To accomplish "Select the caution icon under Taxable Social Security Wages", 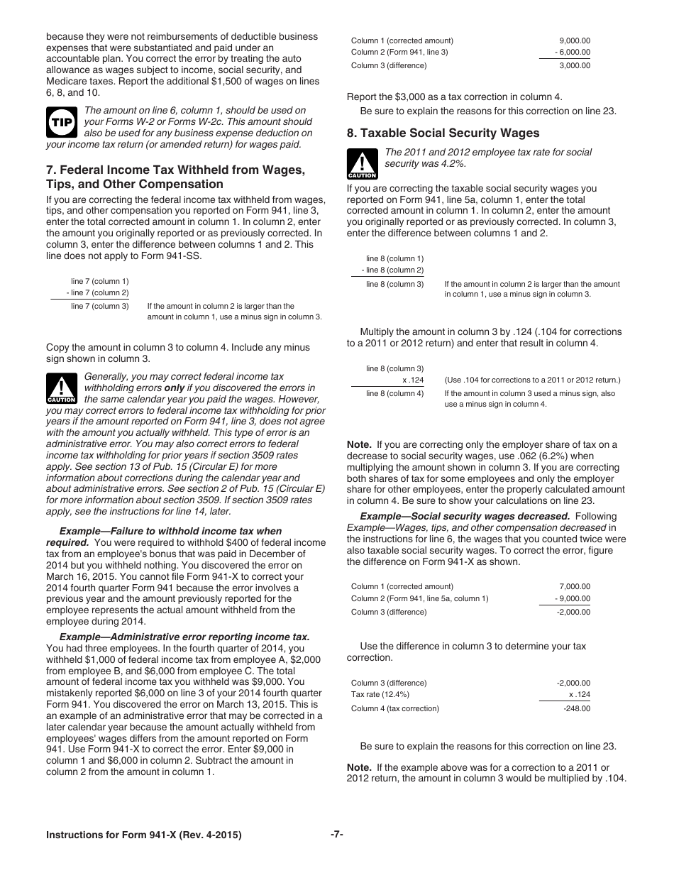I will tap(362, 164).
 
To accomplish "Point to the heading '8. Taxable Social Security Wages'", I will tap(443, 133).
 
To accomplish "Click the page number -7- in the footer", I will tap(336, 835).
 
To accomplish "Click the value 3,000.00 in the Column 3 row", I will tap(574, 65).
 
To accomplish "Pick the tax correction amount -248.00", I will tap(576, 708).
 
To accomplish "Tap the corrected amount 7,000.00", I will tap(575, 586).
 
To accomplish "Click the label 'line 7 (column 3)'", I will tap(99, 307).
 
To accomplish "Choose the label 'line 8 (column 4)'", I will tap(394, 393).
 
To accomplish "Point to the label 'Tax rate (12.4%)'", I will tap(380, 694).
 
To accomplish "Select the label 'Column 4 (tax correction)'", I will tap(395, 708).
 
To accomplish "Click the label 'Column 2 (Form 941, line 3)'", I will tap(399, 52).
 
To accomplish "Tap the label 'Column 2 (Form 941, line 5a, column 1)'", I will tap(419, 598).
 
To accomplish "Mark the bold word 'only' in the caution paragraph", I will tap(175, 388).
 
